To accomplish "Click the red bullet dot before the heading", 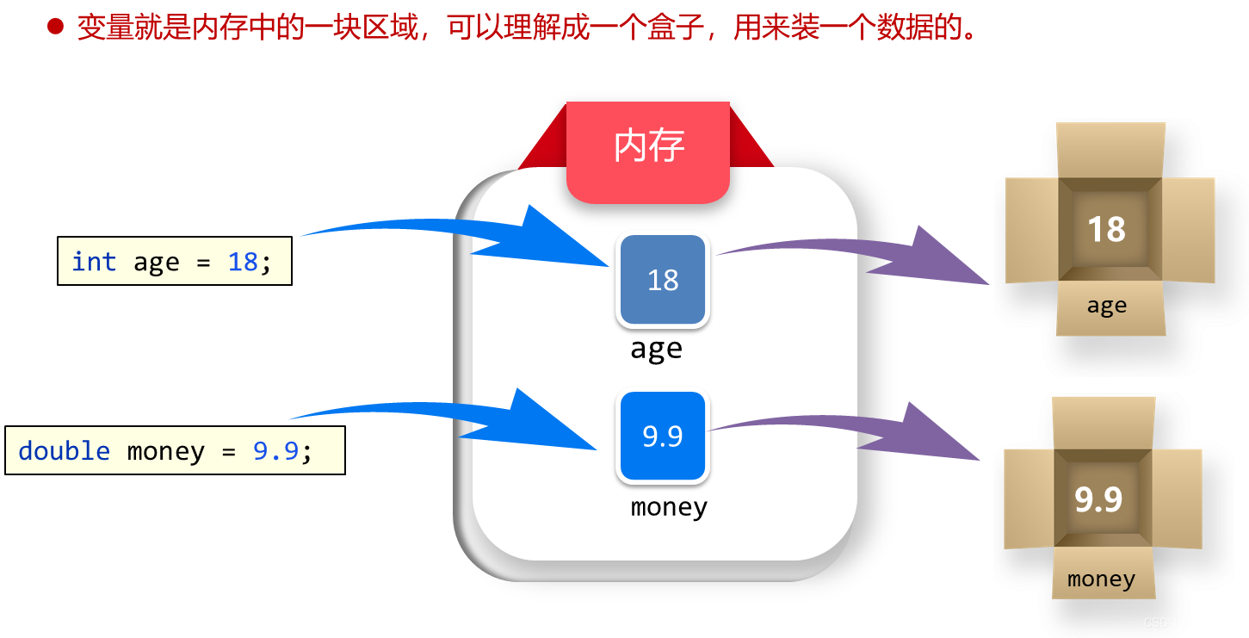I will click(55, 28).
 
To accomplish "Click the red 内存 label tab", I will click(648, 147).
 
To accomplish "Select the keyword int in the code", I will click(93, 261).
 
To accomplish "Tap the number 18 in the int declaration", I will click(243, 261).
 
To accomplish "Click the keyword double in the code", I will click(64, 450).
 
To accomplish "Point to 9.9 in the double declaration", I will click(275, 450).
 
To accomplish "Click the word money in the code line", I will click(165, 450).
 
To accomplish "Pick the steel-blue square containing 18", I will click(662, 280).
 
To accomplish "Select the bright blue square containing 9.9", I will click(662, 437).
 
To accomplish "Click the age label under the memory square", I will click(656, 349).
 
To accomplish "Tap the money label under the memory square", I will click(669, 506).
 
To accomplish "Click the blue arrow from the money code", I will click(482, 422).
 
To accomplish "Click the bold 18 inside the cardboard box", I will click(1106, 230).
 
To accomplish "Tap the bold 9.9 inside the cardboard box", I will click(1098, 499).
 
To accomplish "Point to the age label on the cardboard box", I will click(1106, 306).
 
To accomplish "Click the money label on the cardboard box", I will click(1101, 579).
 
